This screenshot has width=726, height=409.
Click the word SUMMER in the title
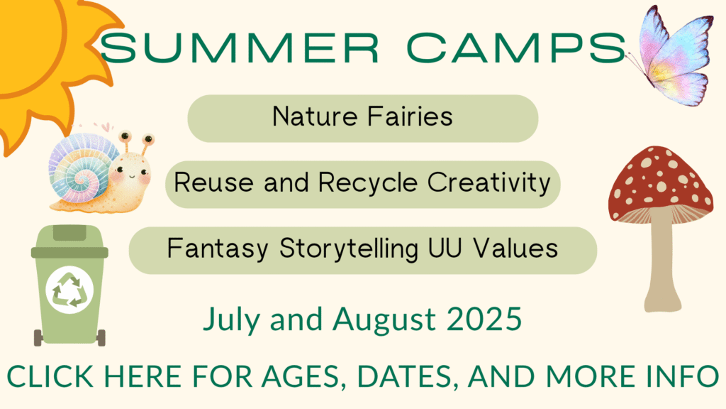pyautogui.click(x=240, y=48)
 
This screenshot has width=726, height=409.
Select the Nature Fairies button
pyautogui.click(x=362, y=119)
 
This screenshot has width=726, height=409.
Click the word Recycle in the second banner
pyautogui.click(x=368, y=183)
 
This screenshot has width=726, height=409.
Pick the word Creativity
pyautogui.click(x=489, y=183)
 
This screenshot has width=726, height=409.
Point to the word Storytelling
pyautogui.click(x=349, y=249)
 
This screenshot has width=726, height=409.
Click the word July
pyautogui.click(x=231, y=321)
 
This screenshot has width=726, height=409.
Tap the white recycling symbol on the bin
pyautogui.click(x=69, y=290)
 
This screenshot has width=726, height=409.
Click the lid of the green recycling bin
pyautogui.click(x=69, y=241)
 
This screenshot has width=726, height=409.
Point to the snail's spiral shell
pyautogui.click(x=84, y=168)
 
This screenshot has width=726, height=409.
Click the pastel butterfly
pyautogui.click(x=671, y=55)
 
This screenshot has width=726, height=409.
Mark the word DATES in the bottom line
pyautogui.click(x=404, y=376)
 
